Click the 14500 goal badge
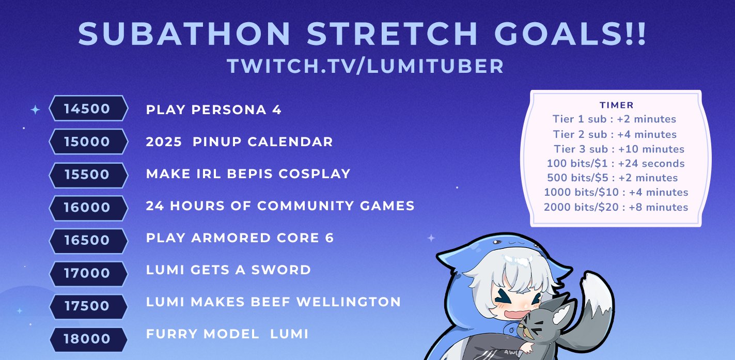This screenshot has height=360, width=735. coord(88,108)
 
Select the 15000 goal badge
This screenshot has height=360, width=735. coord(88,142)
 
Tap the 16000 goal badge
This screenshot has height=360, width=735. coord(88,208)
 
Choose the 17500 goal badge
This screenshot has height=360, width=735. coord(88,306)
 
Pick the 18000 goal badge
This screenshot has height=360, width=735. coord(88,339)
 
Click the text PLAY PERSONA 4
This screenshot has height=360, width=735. coord(214,109)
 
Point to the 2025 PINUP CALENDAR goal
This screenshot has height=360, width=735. coord(239,142)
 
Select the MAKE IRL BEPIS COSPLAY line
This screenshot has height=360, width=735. coord(248,174)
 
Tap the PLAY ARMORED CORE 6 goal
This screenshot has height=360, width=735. coord(240,238)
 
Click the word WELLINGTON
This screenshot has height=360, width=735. coord(349,302)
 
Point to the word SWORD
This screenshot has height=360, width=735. coord(281,270)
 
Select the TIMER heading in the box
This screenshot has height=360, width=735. coord(617,105)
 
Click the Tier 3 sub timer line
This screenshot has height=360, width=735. coord(619,149)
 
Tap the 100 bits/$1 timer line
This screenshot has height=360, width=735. coord(616,163)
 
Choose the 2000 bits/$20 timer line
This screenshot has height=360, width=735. coord(616,207)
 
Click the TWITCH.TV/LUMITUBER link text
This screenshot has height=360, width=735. coord(365,66)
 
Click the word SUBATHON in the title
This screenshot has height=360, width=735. coord(184,34)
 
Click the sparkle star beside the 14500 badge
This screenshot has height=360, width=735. coord(36,109)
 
